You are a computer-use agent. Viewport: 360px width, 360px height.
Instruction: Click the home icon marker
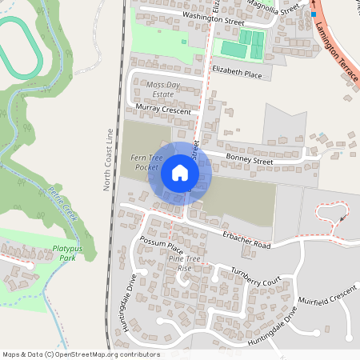[180, 173]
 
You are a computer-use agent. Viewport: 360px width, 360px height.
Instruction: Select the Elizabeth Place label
[237, 74]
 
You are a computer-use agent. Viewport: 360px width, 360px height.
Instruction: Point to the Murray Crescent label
[164, 108]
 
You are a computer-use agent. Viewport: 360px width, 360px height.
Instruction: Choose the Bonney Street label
[249, 160]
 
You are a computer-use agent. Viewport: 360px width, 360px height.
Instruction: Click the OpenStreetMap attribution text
[81, 354]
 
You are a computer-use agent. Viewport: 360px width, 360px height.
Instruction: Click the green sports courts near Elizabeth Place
[243, 44]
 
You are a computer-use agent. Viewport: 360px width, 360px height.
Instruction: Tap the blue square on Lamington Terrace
[314, 14]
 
